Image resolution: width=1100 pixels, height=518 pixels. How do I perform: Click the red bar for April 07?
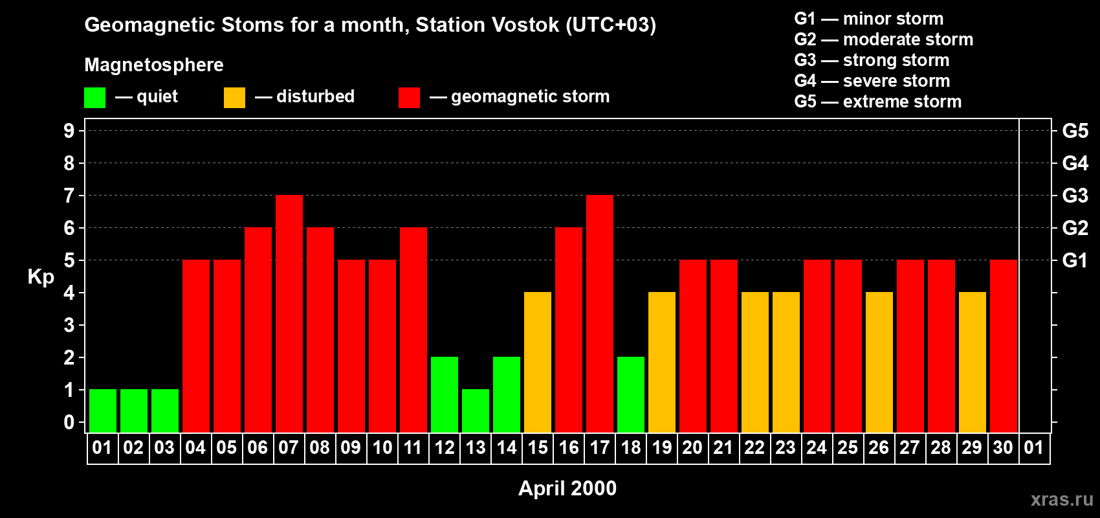pos(289,313)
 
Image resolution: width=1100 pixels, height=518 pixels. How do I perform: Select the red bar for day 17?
pos(600,313)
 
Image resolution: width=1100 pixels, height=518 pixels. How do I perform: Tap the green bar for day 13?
pos(476,411)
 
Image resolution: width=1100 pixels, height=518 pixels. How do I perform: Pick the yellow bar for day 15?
pos(538,362)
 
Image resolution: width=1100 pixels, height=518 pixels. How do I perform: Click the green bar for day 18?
pos(630,394)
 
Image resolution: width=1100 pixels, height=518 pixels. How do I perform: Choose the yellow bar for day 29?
pos(973,362)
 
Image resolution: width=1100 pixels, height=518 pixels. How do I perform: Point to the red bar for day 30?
pos(1003,346)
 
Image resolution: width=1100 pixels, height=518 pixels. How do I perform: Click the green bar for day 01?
pos(103,411)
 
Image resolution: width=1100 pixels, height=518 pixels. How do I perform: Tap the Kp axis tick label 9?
pos(69,131)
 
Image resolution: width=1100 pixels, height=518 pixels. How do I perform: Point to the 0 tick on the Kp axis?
pos(69,422)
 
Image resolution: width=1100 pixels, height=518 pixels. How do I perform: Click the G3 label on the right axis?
pos(1075,196)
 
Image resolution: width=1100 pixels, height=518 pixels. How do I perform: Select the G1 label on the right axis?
pos(1075,260)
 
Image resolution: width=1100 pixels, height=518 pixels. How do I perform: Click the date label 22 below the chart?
pos(754,447)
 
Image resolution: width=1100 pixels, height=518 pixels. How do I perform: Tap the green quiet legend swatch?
pos(94,97)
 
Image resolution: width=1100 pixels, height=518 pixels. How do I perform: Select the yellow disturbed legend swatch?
pos(234,97)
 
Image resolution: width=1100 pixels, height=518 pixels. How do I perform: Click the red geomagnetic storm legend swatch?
pos(409,97)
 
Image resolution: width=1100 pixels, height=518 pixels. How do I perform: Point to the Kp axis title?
pos(41,277)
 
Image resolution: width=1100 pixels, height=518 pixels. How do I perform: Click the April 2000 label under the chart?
pos(567,488)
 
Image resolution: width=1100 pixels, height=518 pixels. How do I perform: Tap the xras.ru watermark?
pos(1062,499)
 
